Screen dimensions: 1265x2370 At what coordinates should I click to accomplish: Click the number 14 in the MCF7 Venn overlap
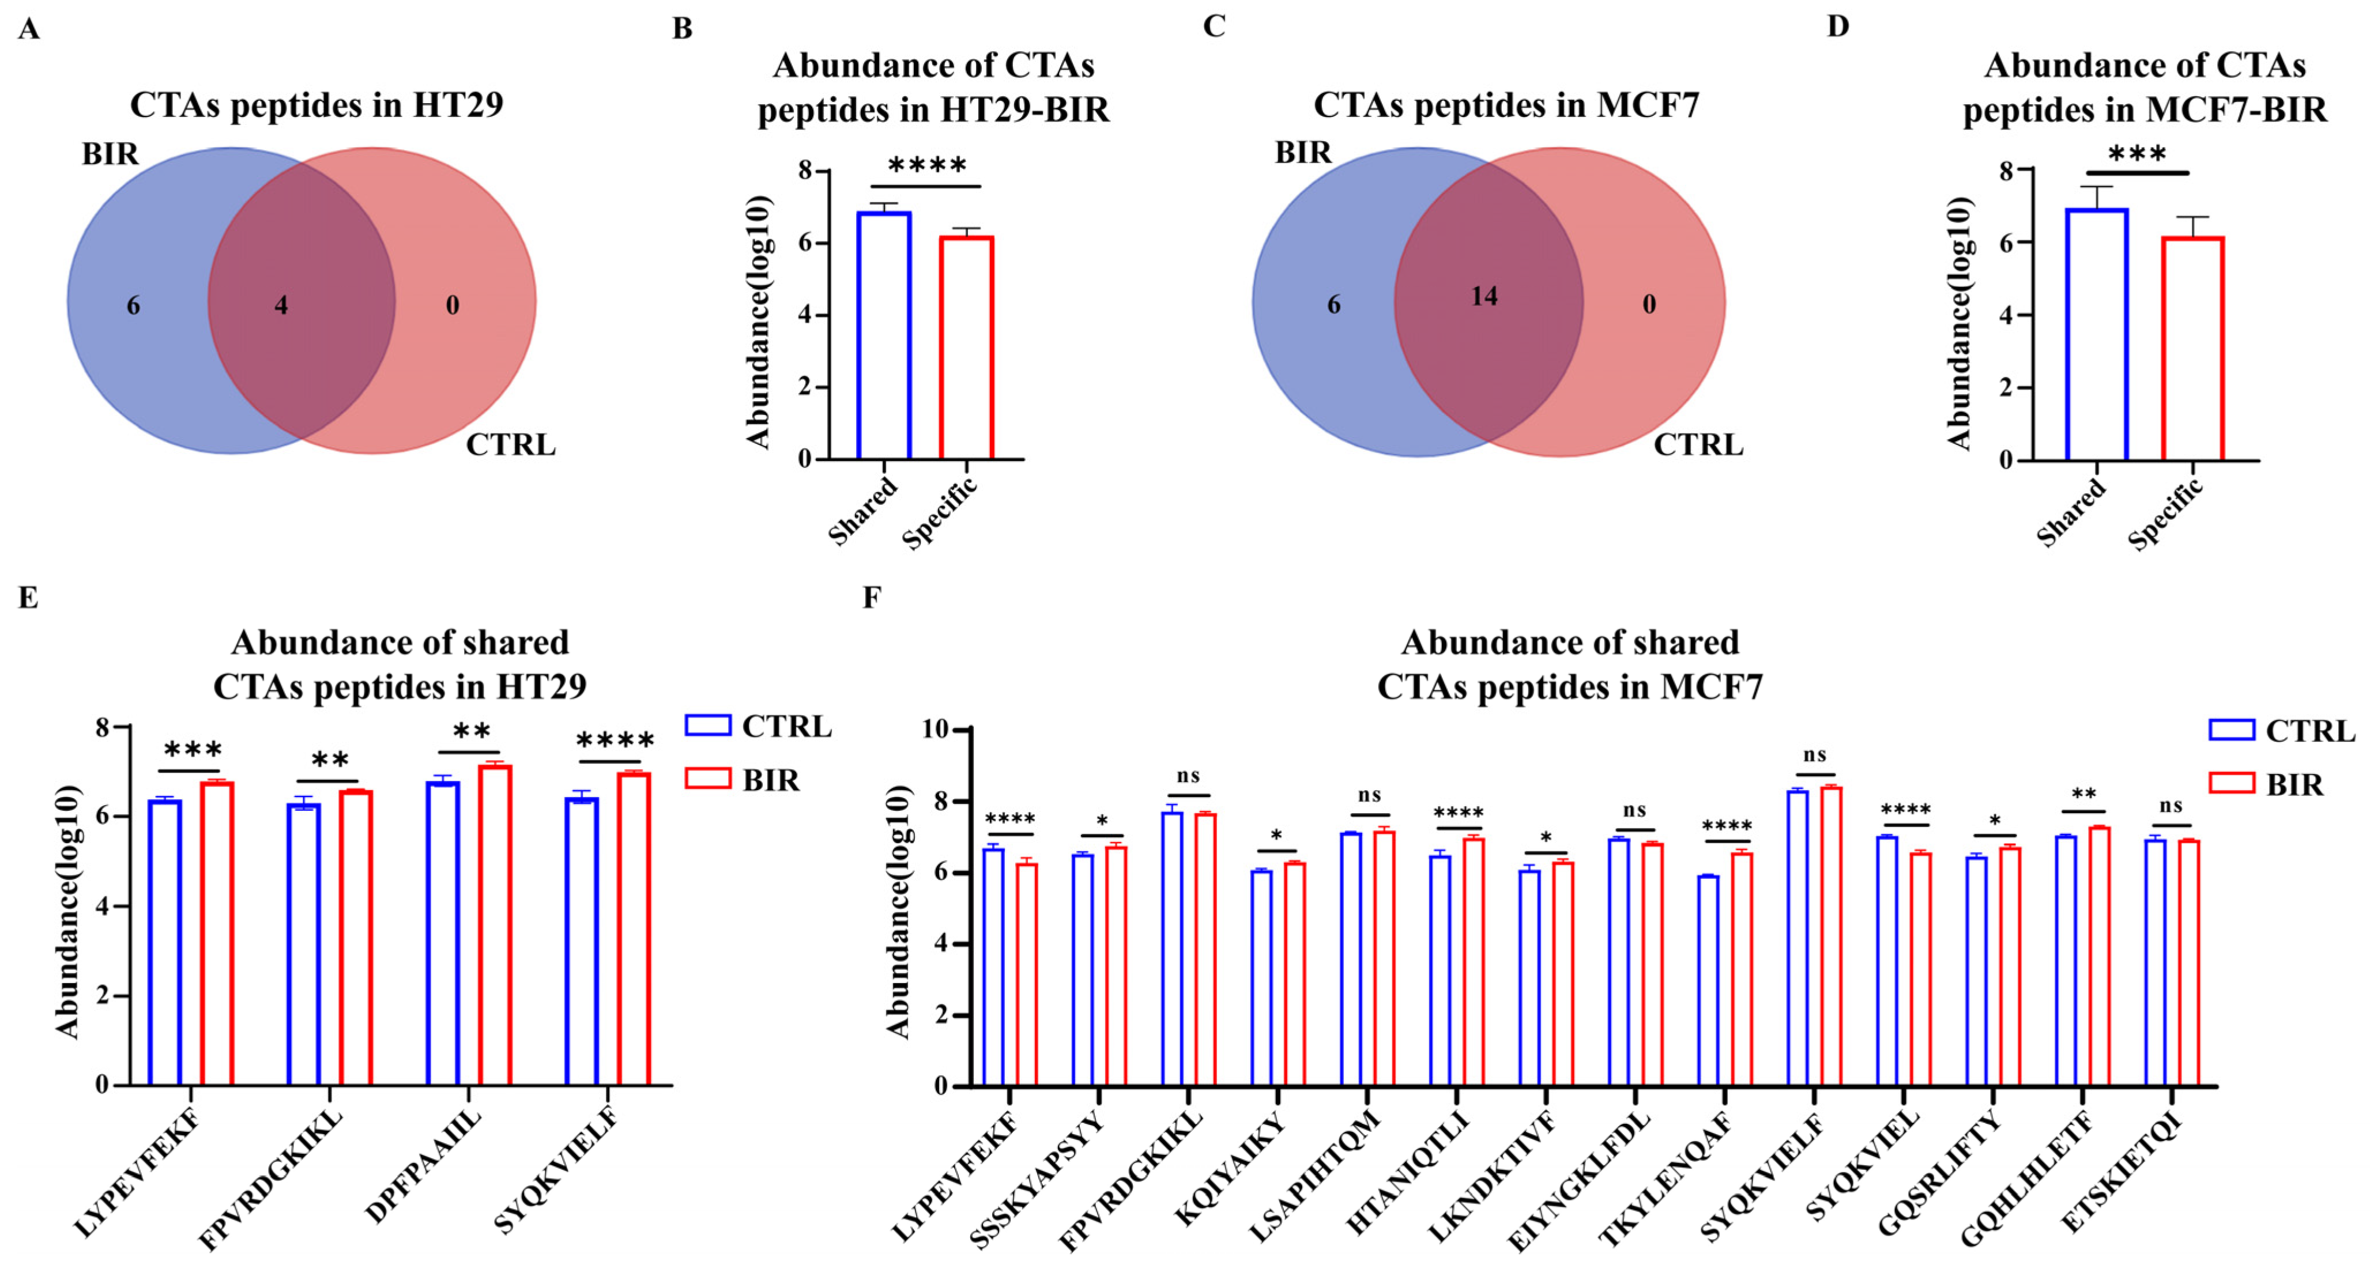[1483, 296]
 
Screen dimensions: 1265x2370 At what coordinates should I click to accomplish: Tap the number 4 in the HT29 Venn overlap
[281, 305]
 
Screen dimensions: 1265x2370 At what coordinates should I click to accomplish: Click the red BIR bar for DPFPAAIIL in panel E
[495, 924]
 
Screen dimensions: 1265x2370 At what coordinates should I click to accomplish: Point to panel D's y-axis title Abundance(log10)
[1959, 322]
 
